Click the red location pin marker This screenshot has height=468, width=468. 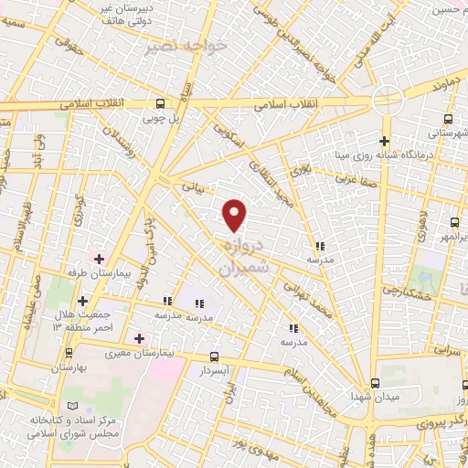tap(235, 214)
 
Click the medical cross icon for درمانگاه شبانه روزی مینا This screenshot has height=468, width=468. tap(384, 141)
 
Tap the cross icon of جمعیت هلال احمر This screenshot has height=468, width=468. tap(83, 300)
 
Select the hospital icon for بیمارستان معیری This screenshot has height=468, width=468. tap(139, 339)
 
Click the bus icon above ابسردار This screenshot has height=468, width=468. tap(214, 356)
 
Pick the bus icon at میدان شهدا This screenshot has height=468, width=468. tap(375, 384)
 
